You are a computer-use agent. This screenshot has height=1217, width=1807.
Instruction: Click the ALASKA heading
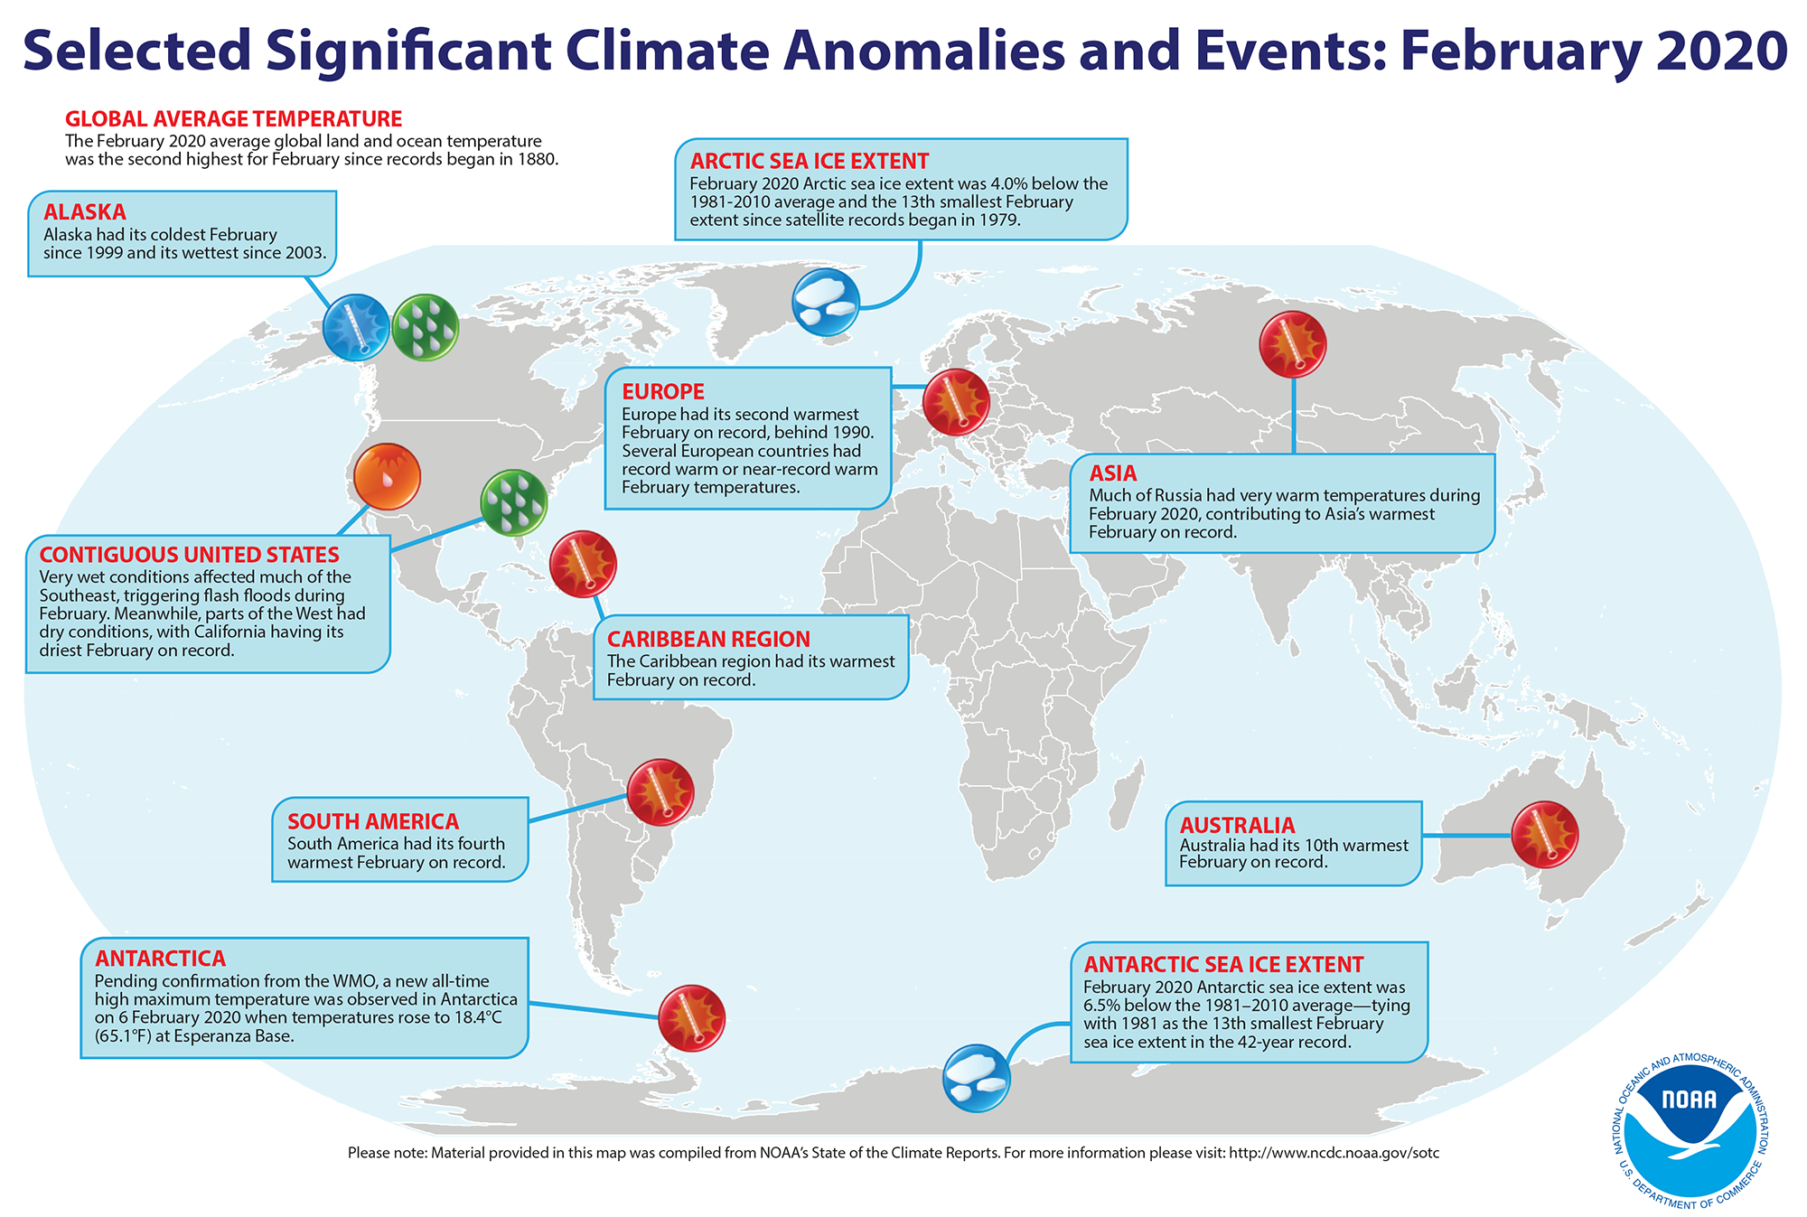pos(85,212)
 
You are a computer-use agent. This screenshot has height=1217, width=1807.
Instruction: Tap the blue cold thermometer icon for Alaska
pos(357,327)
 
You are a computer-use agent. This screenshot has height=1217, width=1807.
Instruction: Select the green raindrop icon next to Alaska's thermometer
pos(426,327)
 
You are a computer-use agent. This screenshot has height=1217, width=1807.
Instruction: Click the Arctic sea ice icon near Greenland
pos(826,302)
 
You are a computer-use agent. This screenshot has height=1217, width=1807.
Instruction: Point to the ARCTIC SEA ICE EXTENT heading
pos(810,162)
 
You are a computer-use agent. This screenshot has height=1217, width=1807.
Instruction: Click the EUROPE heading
pos(663,391)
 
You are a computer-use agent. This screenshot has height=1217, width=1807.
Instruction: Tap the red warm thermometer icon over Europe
pos(956,402)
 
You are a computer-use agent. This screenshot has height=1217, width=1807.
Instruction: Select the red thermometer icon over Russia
pos(1293,344)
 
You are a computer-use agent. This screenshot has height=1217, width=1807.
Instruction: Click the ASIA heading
pos(1113,473)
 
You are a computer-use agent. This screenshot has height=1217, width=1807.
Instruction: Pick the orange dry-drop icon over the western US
pos(387,476)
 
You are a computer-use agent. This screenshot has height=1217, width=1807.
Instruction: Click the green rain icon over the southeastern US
pos(513,502)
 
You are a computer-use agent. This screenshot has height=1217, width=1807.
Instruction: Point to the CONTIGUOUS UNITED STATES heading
pos(190,555)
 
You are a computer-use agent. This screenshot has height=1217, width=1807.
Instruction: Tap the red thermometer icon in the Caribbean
pos(583,564)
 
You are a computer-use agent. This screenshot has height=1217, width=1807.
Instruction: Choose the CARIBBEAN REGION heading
pos(708,639)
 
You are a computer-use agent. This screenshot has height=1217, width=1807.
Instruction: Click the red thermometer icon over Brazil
pos(660,792)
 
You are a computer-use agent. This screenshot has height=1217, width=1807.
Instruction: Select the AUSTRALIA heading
pos(1238,825)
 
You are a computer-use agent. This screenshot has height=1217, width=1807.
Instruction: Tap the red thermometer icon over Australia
pos(1545,834)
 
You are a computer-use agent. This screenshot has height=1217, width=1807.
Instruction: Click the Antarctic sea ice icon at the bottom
pos(977,1078)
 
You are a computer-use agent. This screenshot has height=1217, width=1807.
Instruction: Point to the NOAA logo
pos(1690,1133)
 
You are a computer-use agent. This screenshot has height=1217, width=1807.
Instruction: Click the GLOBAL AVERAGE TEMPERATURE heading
pos(234,119)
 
